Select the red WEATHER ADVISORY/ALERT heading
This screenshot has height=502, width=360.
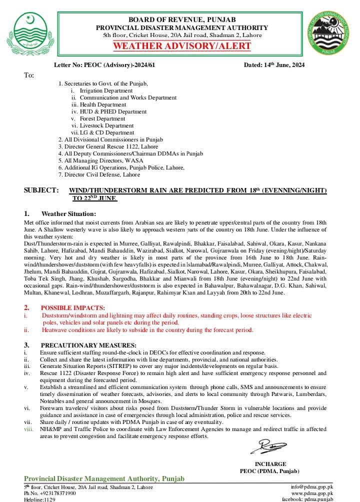click(182, 46)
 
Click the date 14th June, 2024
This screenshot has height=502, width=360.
click(274, 65)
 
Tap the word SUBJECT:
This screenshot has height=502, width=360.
click(41, 190)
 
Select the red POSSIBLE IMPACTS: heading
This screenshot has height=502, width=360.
click(73, 307)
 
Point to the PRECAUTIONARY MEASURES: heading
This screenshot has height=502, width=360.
click(88, 345)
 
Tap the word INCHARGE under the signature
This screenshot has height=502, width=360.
click(270, 464)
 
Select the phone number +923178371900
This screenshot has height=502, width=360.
click(55, 493)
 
